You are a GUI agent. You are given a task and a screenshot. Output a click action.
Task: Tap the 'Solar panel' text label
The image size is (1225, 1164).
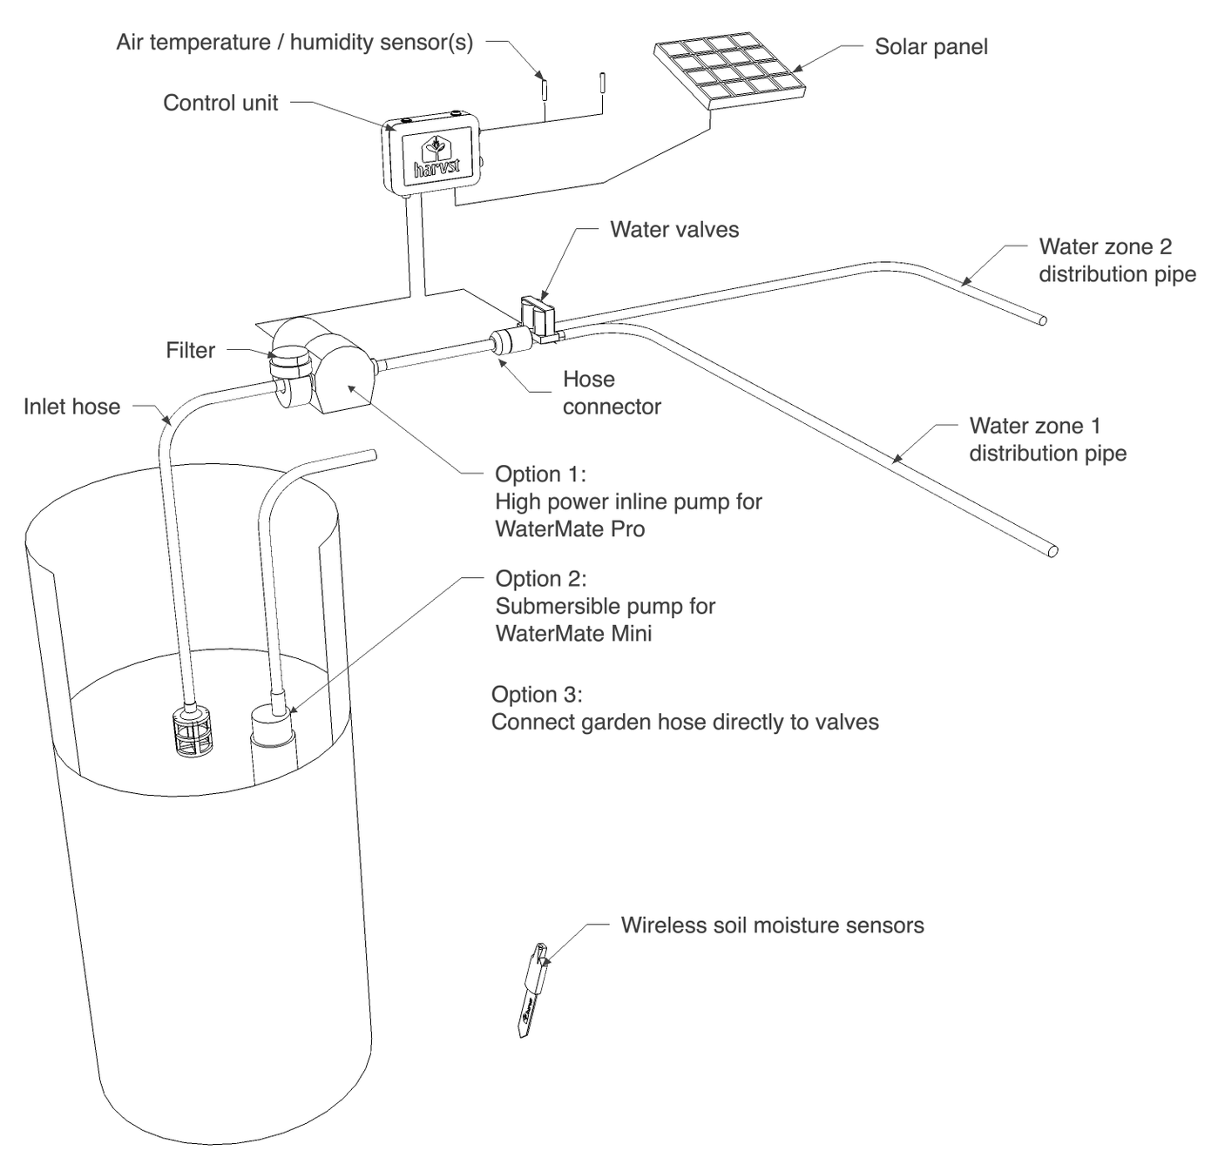tap(931, 47)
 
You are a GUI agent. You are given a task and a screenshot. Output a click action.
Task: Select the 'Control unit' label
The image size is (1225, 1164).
tap(220, 103)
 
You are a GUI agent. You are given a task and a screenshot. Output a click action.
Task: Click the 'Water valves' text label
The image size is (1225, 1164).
tap(673, 230)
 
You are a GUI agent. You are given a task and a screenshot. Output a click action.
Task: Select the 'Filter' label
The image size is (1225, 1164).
tap(190, 351)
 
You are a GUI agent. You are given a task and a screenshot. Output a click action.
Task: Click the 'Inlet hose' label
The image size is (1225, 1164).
tap(71, 407)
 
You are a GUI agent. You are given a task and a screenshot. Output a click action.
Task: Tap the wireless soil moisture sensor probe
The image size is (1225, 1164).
tap(531, 992)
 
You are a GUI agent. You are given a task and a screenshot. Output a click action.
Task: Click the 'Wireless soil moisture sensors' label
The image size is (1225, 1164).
tap(772, 925)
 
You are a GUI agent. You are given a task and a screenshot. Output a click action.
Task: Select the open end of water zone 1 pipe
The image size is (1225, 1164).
tap(1052, 551)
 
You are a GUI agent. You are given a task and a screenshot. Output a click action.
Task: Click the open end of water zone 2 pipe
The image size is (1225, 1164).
tap(1040, 320)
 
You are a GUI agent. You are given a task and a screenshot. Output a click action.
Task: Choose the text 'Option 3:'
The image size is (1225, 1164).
tap(537, 695)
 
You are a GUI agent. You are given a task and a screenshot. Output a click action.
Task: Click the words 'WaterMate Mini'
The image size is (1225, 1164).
tap(573, 634)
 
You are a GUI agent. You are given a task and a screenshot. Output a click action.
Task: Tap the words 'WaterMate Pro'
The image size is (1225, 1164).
tap(570, 529)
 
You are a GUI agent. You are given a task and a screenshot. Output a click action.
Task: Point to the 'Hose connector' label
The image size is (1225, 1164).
tap(611, 394)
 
